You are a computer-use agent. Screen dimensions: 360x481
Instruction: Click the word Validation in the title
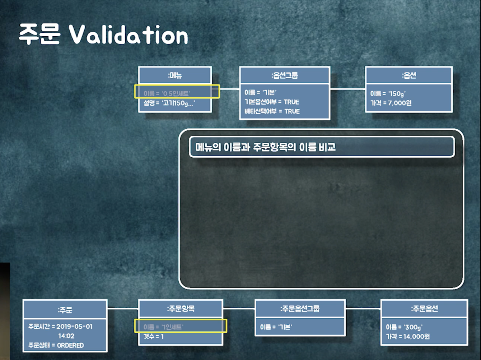[x=129, y=35]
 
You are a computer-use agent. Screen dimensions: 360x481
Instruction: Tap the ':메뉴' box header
[x=175, y=75]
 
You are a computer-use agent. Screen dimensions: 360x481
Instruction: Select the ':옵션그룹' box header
[x=285, y=75]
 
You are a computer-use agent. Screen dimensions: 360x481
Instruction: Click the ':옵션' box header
[x=409, y=75]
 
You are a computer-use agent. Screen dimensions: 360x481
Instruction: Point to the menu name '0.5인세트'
[x=176, y=93]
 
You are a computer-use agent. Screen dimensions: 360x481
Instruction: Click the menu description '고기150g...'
[x=179, y=103]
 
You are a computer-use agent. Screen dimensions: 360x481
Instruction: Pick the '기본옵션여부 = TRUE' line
[x=272, y=102]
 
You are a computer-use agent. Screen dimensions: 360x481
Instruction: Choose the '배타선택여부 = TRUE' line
[x=272, y=111]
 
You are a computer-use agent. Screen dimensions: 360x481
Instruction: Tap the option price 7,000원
[x=399, y=103]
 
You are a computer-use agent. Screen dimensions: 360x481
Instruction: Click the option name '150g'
[x=397, y=94]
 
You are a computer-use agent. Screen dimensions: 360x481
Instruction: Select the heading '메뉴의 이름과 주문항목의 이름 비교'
[x=265, y=147]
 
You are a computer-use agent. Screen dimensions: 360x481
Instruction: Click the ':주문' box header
[x=65, y=310]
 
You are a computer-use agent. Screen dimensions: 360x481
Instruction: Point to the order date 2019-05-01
[x=74, y=327]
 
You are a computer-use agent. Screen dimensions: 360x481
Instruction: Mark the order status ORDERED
[x=70, y=345]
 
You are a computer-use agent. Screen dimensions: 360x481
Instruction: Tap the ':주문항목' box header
[x=181, y=309]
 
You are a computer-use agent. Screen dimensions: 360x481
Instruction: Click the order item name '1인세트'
[x=172, y=327]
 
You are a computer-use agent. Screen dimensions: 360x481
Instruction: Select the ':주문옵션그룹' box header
[x=300, y=309]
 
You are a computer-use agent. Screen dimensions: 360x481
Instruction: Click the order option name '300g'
[x=413, y=327]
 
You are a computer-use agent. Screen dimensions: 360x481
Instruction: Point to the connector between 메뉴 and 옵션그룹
[x=229, y=89]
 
